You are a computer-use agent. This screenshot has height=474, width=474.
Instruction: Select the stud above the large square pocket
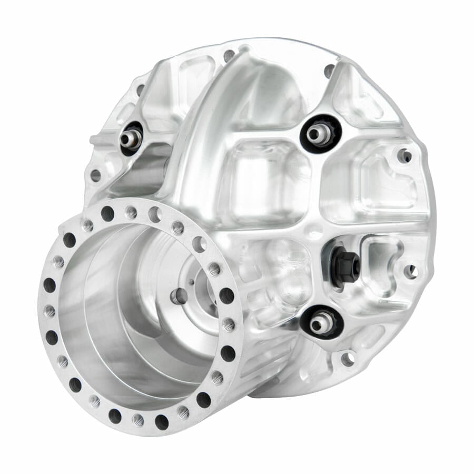[x=318, y=134]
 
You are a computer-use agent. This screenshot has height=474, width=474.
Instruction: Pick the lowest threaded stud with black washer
[x=319, y=323]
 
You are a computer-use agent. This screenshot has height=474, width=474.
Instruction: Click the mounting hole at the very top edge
[x=229, y=54]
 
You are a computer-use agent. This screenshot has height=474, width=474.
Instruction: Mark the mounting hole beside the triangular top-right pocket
[x=329, y=70]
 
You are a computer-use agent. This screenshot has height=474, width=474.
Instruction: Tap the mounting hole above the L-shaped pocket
[x=405, y=155]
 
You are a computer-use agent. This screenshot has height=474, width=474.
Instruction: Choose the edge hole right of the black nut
[x=411, y=272]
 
